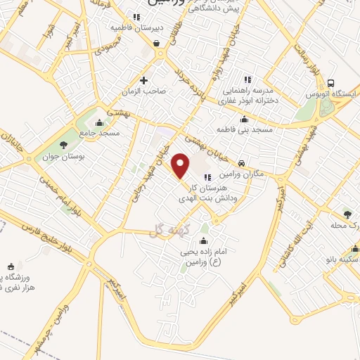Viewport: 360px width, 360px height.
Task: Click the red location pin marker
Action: [181, 166]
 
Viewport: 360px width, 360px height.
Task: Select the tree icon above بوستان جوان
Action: [63, 145]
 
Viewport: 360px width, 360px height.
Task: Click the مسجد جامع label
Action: [98, 133]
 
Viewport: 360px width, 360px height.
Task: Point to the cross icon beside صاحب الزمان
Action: [144, 80]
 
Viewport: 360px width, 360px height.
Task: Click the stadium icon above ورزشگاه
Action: [10, 266]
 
